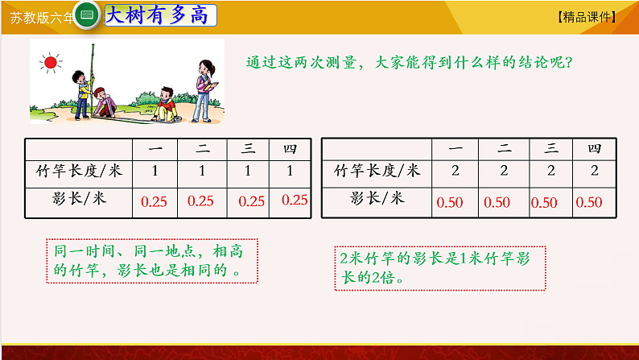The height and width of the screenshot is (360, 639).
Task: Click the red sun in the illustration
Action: (x=51, y=63)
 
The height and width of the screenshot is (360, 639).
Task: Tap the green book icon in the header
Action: (x=87, y=15)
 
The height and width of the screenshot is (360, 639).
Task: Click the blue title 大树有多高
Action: (x=157, y=15)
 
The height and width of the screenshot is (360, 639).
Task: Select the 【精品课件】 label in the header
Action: (x=587, y=17)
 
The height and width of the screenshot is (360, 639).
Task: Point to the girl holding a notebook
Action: (x=204, y=91)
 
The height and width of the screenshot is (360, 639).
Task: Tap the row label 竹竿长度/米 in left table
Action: (x=79, y=171)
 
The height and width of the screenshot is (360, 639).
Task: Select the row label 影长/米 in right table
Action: (x=377, y=198)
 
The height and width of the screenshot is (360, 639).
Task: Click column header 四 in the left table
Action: (x=291, y=149)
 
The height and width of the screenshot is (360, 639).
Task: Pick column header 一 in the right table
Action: (x=456, y=148)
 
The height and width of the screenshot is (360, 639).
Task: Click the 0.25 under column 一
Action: (x=154, y=201)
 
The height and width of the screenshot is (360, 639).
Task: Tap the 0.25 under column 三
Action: (x=251, y=201)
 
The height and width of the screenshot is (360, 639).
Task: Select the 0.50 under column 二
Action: (x=497, y=202)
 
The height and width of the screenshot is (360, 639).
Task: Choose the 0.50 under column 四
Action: (x=589, y=202)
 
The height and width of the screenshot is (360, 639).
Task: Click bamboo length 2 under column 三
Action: (x=551, y=171)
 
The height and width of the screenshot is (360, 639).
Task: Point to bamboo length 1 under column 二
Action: (x=202, y=171)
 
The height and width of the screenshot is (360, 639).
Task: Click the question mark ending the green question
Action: (x=569, y=62)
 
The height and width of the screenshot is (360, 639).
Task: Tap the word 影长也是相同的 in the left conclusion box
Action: (x=172, y=270)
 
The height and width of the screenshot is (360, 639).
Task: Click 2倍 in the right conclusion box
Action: (x=382, y=278)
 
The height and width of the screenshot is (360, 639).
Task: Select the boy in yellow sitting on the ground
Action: (x=166, y=106)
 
